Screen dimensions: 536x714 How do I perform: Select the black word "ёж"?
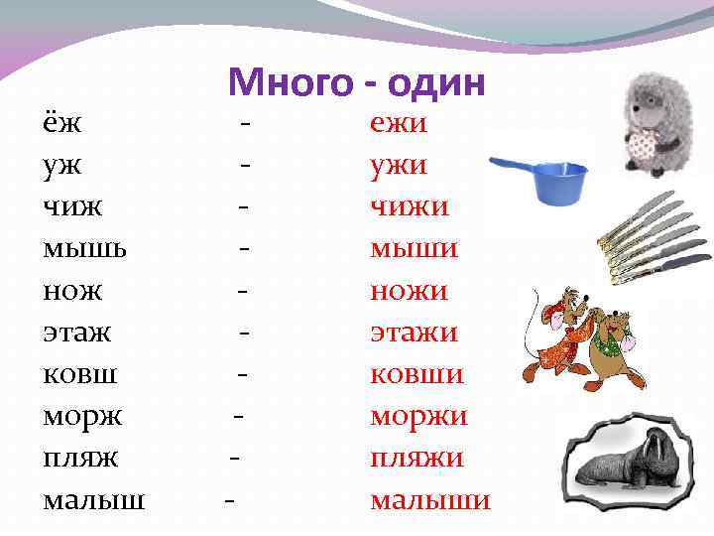(x=62, y=124)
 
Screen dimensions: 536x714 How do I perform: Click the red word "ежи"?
(x=399, y=124)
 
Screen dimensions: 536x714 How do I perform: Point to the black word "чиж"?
(x=72, y=207)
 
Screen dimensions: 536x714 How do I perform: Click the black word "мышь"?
(x=84, y=249)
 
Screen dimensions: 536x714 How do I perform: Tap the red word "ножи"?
(x=409, y=291)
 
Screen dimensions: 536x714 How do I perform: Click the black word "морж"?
(x=82, y=416)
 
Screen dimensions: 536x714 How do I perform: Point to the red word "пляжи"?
(x=417, y=458)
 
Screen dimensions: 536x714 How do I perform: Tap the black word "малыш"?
(x=93, y=499)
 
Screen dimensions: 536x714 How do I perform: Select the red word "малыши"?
(x=430, y=499)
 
